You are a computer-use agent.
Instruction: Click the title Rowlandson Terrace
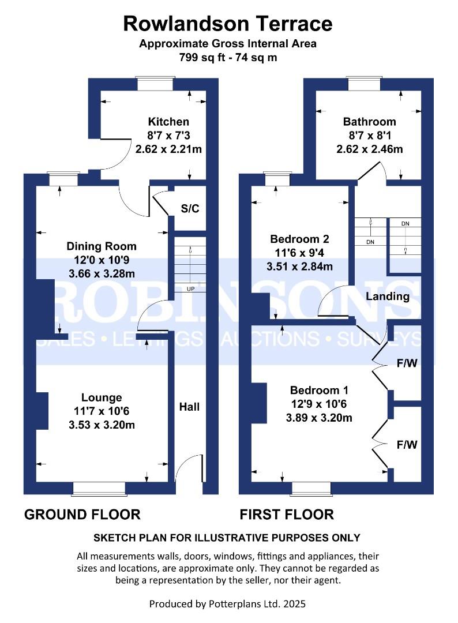[228, 24]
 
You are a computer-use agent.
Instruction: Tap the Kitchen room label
[168, 122]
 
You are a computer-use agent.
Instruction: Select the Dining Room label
[102, 246]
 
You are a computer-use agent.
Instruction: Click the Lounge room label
[102, 397]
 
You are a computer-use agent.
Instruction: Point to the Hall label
[189, 407]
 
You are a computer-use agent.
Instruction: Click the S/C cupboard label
[190, 208]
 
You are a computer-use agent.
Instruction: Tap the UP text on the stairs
[189, 288]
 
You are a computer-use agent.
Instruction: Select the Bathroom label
[369, 122]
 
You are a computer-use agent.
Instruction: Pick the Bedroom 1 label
[319, 390]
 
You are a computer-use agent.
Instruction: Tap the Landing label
[387, 297]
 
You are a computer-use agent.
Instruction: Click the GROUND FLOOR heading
[82, 514]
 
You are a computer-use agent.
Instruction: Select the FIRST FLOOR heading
[287, 514]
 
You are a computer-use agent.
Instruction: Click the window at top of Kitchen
[155, 84]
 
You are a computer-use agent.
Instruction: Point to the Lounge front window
[99, 489]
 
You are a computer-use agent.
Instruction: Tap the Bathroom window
[364, 84]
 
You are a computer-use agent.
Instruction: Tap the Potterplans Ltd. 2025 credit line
[227, 604]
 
